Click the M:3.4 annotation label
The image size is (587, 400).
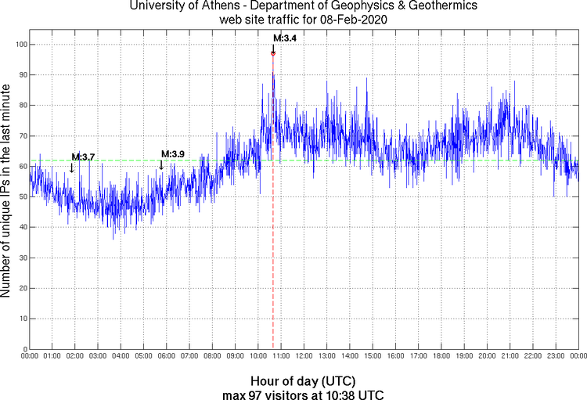pyautogui.click(x=284, y=37)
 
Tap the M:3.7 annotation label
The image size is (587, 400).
pyautogui.click(x=83, y=157)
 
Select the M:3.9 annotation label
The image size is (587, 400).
pyautogui.click(x=172, y=153)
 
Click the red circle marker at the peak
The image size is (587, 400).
pyautogui.click(x=273, y=53)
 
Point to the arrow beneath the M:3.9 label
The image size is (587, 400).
pyautogui.click(x=161, y=164)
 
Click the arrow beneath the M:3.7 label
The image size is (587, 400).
pyautogui.click(x=72, y=167)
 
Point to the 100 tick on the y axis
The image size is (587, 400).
pyautogui.click(x=21, y=45)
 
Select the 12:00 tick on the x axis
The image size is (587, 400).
pyautogui.click(x=304, y=356)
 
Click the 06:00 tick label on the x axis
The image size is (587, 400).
pyautogui.click(x=167, y=356)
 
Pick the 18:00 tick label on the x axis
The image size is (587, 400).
pyautogui.click(x=441, y=356)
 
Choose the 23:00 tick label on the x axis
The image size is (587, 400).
pyautogui.click(x=556, y=356)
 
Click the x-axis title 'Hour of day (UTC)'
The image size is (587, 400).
pyautogui.click(x=304, y=380)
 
